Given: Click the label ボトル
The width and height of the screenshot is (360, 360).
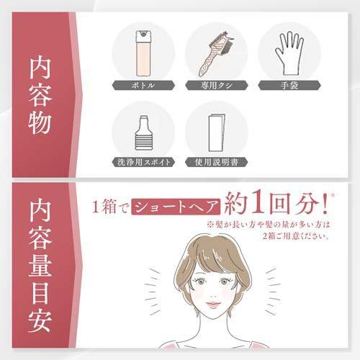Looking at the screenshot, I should [144, 84].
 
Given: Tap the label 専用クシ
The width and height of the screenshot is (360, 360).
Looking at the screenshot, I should [217, 84].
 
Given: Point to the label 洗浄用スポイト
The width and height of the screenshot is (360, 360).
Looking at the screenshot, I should [144, 162].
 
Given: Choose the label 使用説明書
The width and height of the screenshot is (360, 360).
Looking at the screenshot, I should [217, 162].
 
